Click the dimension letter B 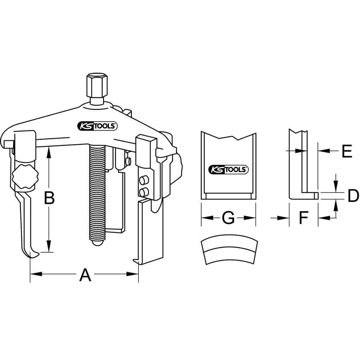click(x=49, y=198)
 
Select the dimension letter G click(x=228, y=218)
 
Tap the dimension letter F click(x=303, y=218)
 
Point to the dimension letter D click(x=353, y=195)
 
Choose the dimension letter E click(x=347, y=151)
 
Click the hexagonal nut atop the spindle click(x=97, y=86)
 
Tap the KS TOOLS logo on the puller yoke click(x=98, y=126)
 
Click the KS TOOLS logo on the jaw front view click(x=228, y=170)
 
